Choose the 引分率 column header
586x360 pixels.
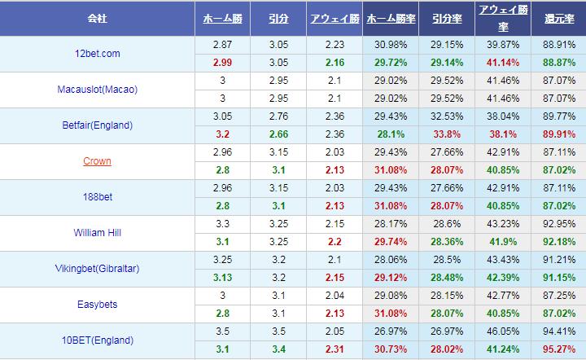tap(448, 17)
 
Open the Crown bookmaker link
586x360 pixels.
tap(98, 161)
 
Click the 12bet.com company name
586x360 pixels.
tap(98, 54)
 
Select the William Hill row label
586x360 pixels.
tap(98, 233)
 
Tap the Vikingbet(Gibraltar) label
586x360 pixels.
tap(98, 269)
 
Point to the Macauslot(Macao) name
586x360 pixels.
tap(98, 90)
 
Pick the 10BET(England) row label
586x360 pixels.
tap(98, 340)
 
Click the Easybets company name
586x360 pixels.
tap(98, 305)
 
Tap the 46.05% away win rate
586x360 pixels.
tap(502, 332)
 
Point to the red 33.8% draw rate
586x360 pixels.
tap(447, 134)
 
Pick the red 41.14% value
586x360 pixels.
tap(502, 62)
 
